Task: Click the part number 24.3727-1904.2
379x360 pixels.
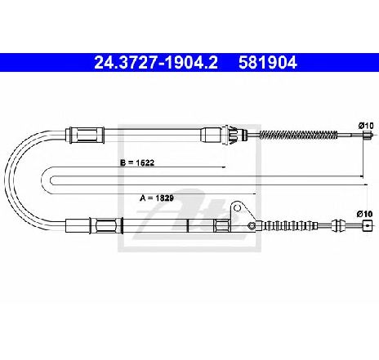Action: (156, 63)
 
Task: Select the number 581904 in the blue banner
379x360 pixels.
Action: (268, 63)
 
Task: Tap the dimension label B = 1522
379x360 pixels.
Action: (137, 162)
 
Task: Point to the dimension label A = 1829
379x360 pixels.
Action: (157, 198)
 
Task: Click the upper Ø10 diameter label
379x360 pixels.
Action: (365, 126)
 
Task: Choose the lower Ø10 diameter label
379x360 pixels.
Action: (364, 214)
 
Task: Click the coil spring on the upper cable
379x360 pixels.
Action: (299, 135)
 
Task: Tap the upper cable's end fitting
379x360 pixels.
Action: (368, 135)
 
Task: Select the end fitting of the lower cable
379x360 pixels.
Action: (368, 225)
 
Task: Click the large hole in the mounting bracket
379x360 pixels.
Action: (238, 208)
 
